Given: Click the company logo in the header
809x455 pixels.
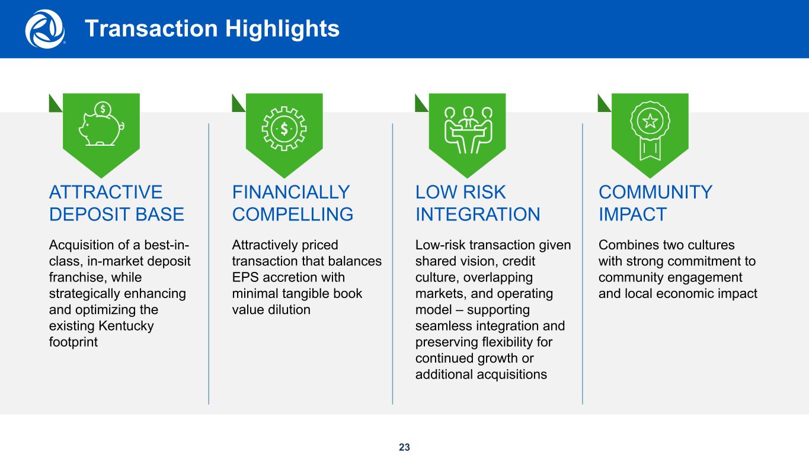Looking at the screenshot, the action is (x=45, y=29).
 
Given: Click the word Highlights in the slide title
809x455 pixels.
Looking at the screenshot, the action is (x=283, y=29).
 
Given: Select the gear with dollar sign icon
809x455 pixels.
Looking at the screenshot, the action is (x=284, y=129).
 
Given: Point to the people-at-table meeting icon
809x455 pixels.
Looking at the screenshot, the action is (x=468, y=130).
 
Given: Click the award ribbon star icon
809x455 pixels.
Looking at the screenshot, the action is (x=650, y=130).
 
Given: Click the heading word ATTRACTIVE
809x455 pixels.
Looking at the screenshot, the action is (x=106, y=192).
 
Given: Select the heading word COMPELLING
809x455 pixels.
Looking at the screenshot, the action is (x=293, y=214).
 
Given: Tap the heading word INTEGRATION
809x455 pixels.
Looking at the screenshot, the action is (x=478, y=214).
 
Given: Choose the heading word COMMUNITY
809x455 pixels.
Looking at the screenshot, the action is (x=655, y=192).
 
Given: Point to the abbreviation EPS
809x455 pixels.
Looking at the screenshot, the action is (x=245, y=277).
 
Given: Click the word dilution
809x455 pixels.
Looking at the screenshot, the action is (x=289, y=310).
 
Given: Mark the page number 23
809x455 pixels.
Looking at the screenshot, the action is (x=404, y=447).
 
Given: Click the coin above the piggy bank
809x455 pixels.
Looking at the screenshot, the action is (x=103, y=109).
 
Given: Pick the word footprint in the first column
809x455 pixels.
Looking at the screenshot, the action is (x=73, y=342).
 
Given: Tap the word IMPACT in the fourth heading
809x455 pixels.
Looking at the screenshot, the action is (x=632, y=214).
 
